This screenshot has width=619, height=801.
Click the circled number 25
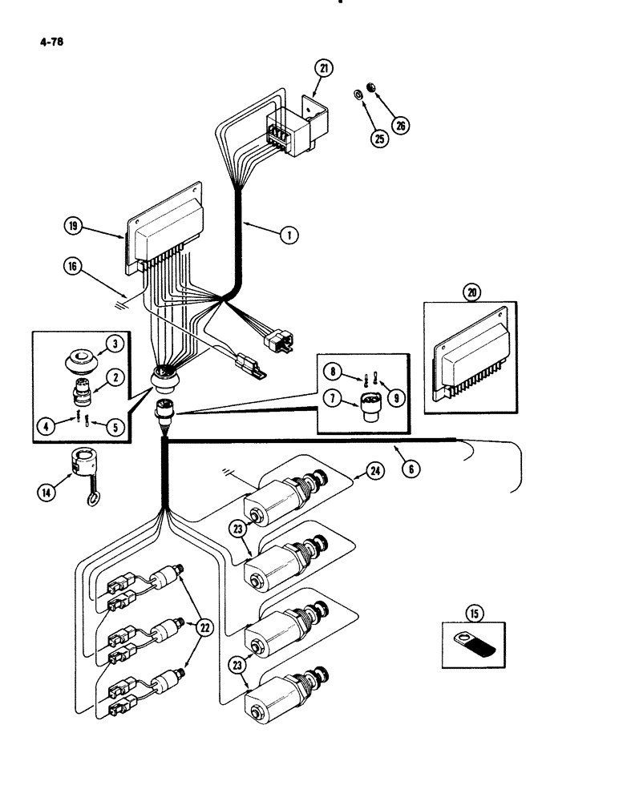click(x=378, y=138)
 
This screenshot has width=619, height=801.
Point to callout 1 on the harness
click(x=289, y=235)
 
